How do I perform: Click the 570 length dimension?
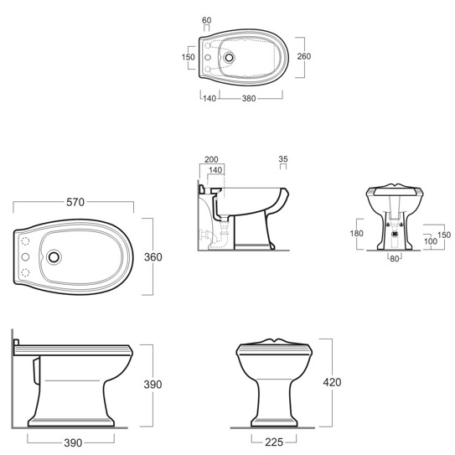(75, 202)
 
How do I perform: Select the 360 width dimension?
(153, 256)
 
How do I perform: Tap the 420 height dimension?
(332, 382)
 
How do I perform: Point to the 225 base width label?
(274, 442)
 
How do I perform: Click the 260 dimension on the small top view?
(304, 56)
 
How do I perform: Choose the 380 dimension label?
(249, 98)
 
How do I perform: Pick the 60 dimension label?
(207, 20)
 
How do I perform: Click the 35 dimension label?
(283, 159)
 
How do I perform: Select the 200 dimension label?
(211, 159)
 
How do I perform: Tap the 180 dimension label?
(357, 233)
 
